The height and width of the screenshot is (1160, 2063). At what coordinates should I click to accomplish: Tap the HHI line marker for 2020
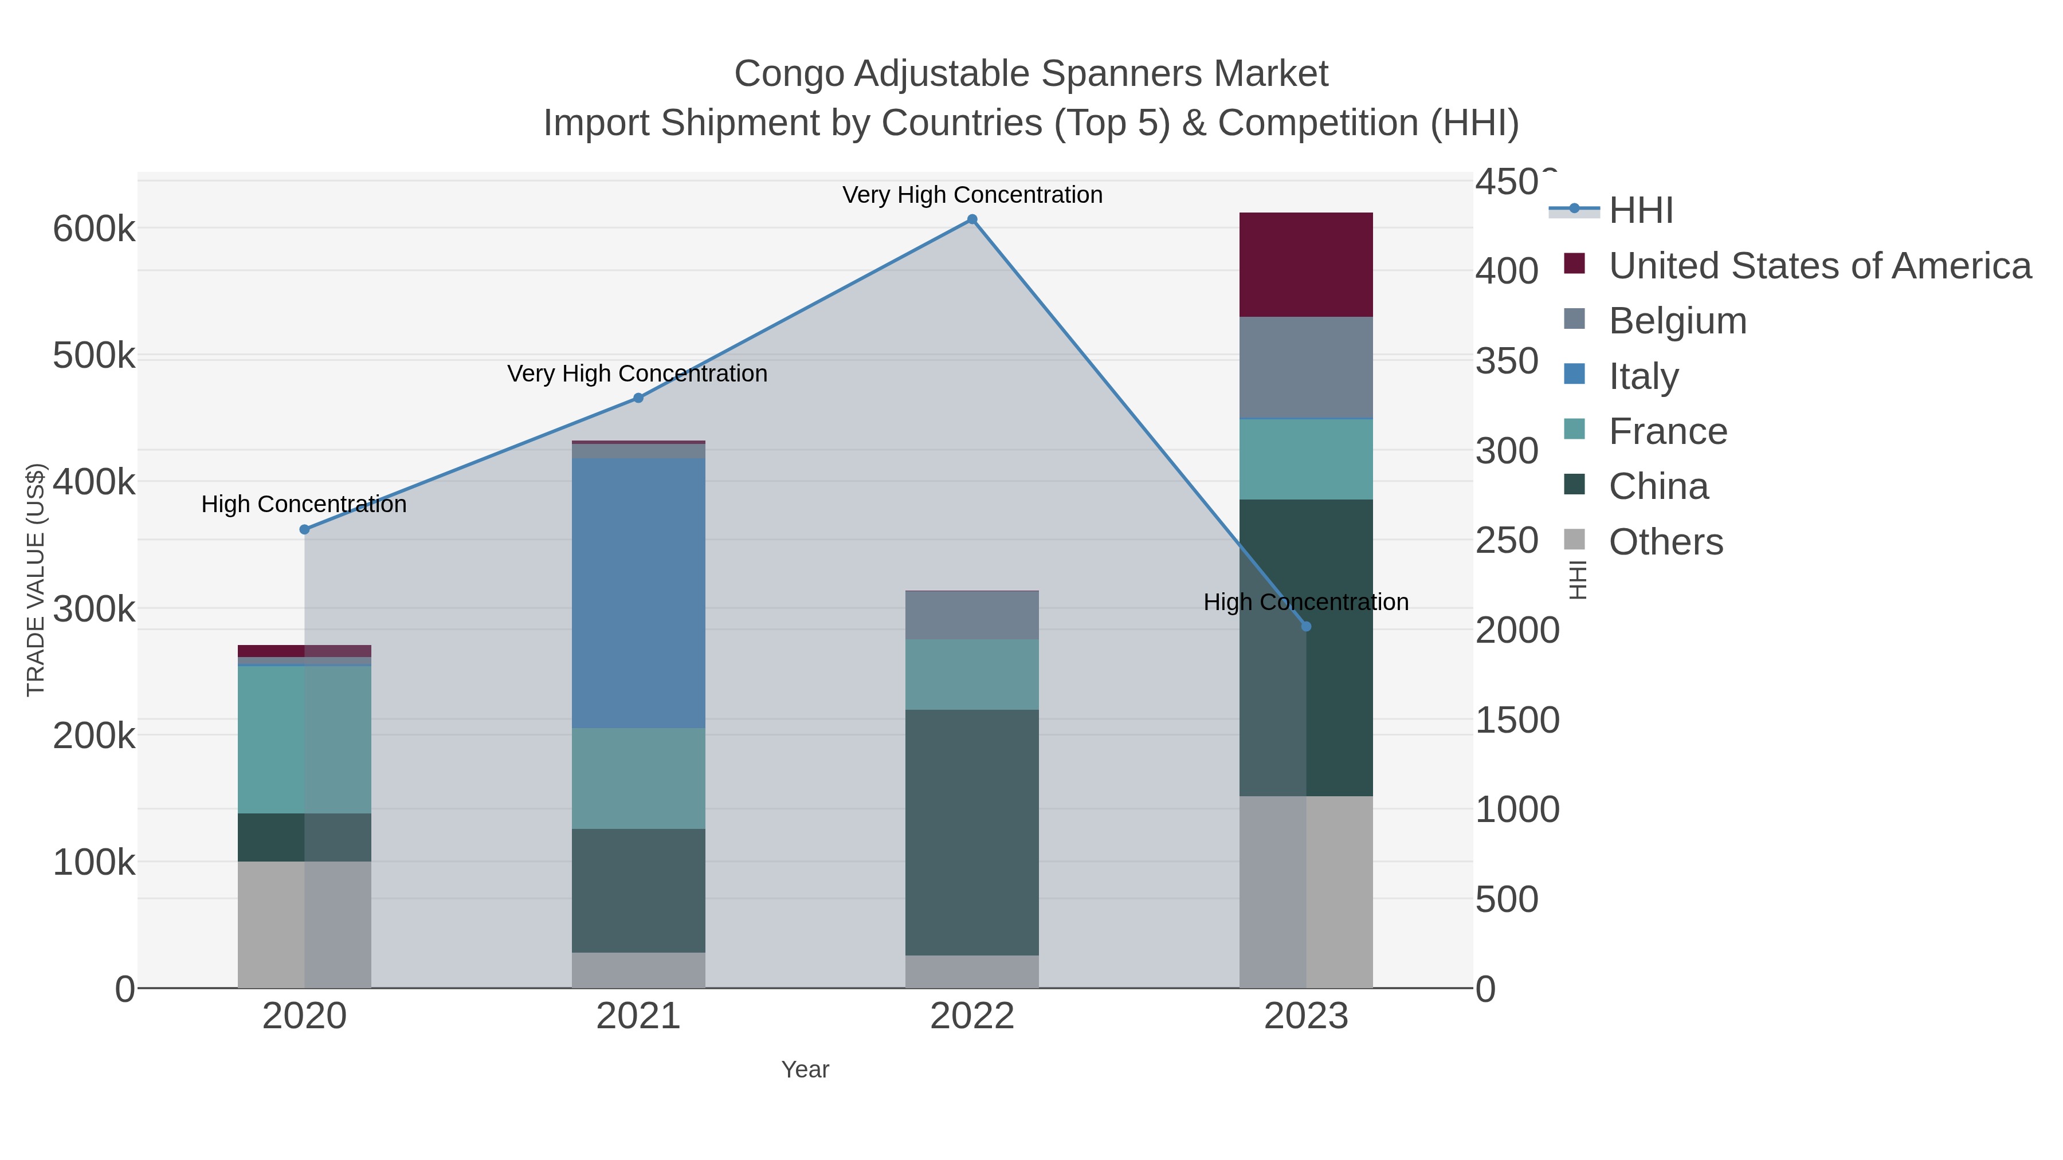click(x=304, y=529)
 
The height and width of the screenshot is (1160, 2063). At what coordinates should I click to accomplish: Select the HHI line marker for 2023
click(x=1306, y=626)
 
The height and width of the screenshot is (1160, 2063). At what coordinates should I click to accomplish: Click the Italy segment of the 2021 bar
click(x=638, y=592)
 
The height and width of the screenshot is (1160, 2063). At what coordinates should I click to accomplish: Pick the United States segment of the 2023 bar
click(x=1306, y=264)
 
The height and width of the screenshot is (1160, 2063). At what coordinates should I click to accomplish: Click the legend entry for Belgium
click(x=1677, y=321)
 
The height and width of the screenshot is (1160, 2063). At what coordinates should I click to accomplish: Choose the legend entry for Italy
click(x=1644, y=376)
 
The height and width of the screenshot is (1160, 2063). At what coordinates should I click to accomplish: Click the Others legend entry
click(x=1666, y=542)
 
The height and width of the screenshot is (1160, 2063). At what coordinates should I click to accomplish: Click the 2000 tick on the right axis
click(x=1517, y=630)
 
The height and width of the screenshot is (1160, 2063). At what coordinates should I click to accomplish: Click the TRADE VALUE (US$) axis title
click(x=36, y=580)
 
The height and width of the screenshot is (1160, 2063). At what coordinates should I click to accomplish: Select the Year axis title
click(x=805, y=1069)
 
